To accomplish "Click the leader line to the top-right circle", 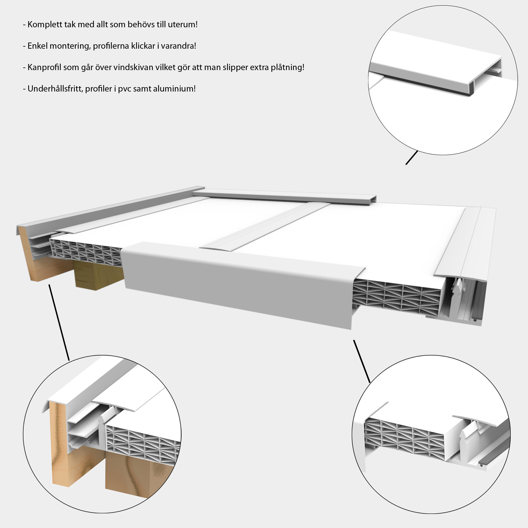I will (411, 158).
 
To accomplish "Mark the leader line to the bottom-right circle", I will (362, 361).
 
